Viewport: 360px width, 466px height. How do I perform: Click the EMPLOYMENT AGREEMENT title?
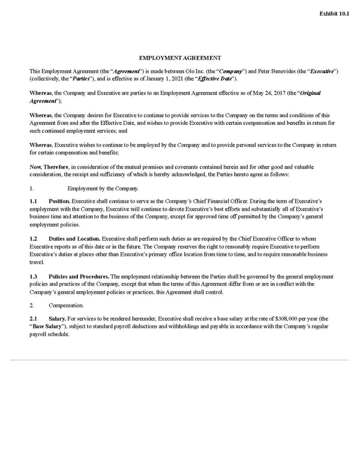[180, 58]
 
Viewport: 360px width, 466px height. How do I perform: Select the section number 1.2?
[34, 238]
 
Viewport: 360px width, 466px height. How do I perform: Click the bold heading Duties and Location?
[74, 238]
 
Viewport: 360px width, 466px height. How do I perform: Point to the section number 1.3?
[34, 277]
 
